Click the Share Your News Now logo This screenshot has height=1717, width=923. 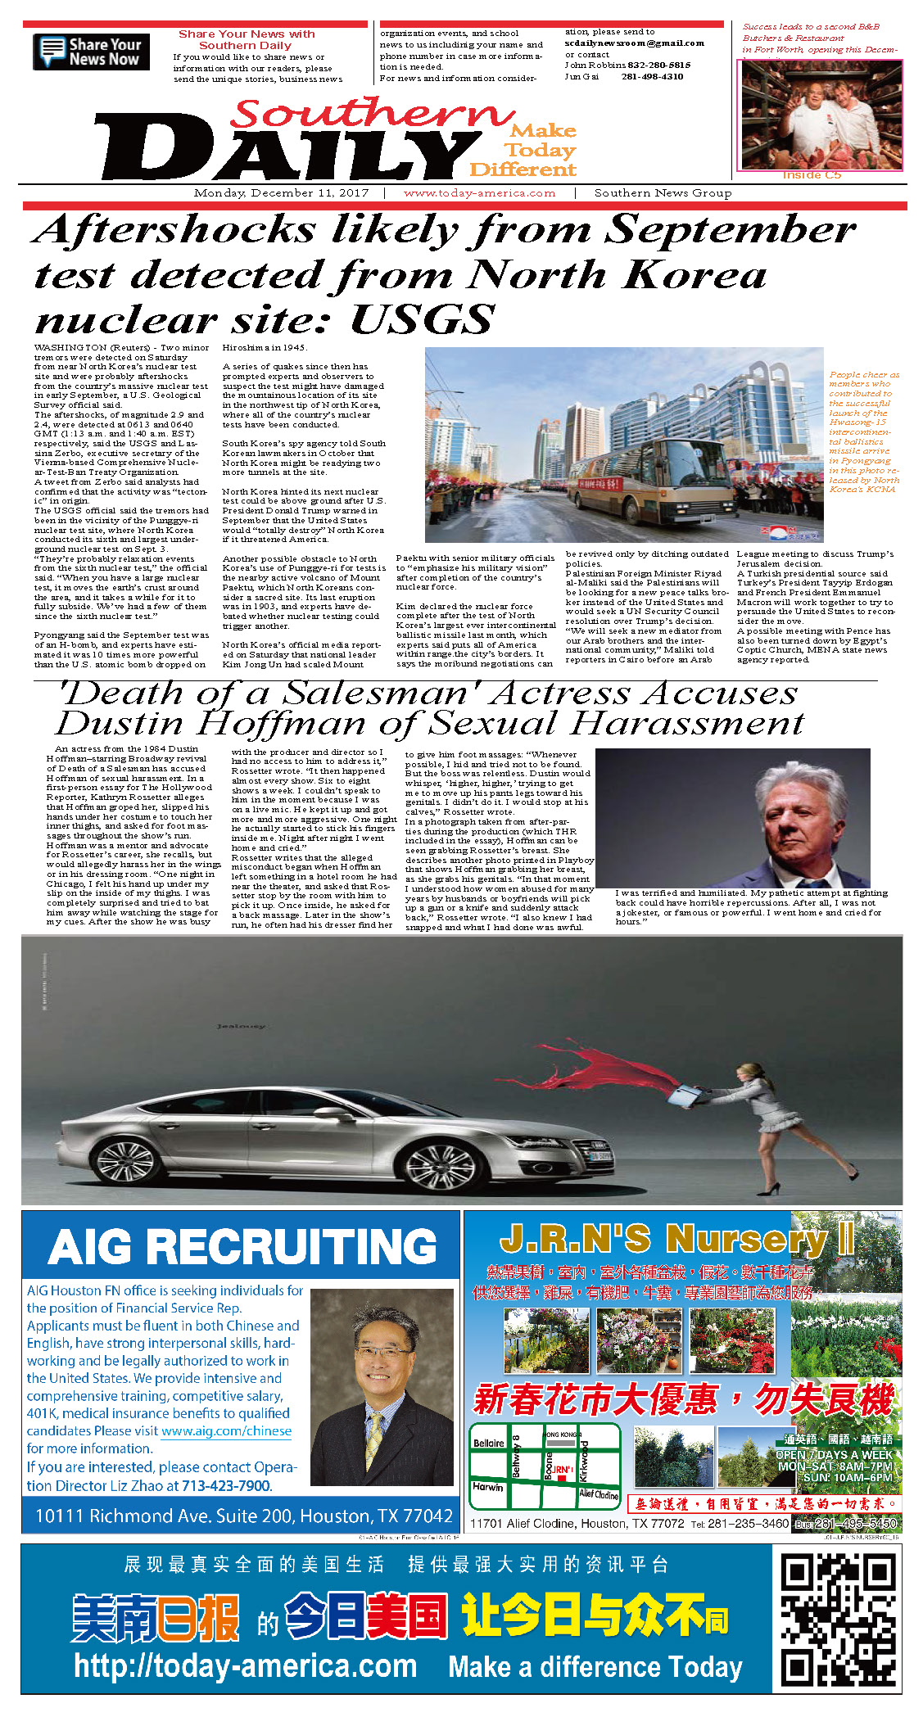click(x=91, y=52)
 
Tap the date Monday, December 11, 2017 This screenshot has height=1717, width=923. click(x=281, y=193)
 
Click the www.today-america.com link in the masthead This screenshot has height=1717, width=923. click(x=479, y=193)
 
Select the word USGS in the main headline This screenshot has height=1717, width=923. click(x=423, y=319)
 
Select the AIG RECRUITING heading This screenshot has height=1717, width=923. click(x=242, y=1248)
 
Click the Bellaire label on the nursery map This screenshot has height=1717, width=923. click(x=489, y=1443)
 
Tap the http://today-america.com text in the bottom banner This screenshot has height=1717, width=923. click(x=246, y=1665)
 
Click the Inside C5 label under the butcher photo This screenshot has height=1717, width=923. click(x=811, y=175)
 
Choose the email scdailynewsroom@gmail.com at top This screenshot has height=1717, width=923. click(x=634, y=43)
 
